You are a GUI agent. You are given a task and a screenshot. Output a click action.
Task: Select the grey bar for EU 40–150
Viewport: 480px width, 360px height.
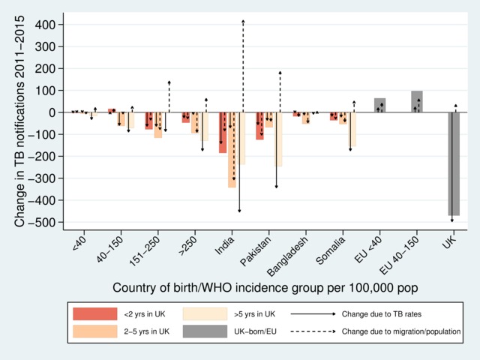point(417,102)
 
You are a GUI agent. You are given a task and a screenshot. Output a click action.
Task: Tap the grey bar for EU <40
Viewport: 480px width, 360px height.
point(380,106)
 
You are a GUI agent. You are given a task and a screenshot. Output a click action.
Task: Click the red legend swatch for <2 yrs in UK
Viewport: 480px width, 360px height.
point(94,313)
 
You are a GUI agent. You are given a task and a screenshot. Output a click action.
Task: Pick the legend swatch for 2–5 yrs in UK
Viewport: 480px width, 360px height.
point(94,330)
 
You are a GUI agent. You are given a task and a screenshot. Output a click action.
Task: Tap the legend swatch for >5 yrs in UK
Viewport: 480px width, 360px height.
point(207,313)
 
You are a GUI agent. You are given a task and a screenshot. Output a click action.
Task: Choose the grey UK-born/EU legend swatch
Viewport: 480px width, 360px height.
point(207,330)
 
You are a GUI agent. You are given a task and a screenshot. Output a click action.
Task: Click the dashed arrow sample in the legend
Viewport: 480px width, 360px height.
point(312,330)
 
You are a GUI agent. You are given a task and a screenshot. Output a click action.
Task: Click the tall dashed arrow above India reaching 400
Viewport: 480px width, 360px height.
point(243,67)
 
